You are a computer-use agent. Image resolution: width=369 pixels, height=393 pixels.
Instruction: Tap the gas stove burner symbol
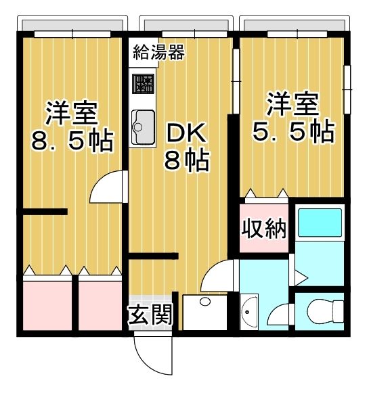tap(144, 85)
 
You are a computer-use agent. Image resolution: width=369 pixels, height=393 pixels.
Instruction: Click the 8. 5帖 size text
tap(72, 140)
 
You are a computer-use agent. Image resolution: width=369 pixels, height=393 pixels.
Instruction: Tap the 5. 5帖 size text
tap(292, 131)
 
